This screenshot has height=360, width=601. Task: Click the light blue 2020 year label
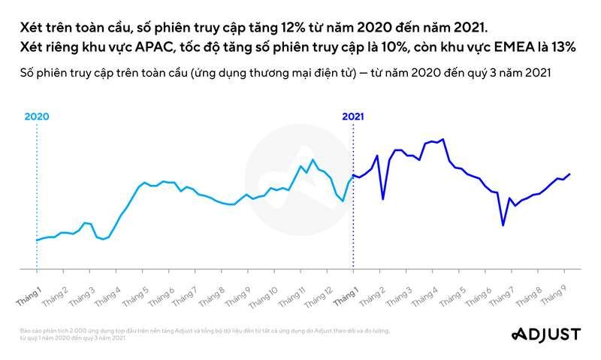36,116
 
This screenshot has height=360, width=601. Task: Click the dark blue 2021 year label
353,116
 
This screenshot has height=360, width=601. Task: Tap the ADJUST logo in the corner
548,334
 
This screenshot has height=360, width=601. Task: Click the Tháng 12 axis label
318,294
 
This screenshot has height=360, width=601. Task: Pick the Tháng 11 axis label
291,294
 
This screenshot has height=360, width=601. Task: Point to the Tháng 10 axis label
264,294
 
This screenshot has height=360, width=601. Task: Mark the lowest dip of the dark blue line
503,225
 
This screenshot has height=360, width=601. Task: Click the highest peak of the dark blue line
443,139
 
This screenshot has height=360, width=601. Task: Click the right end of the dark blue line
569,174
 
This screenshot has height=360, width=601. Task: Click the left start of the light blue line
36,241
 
